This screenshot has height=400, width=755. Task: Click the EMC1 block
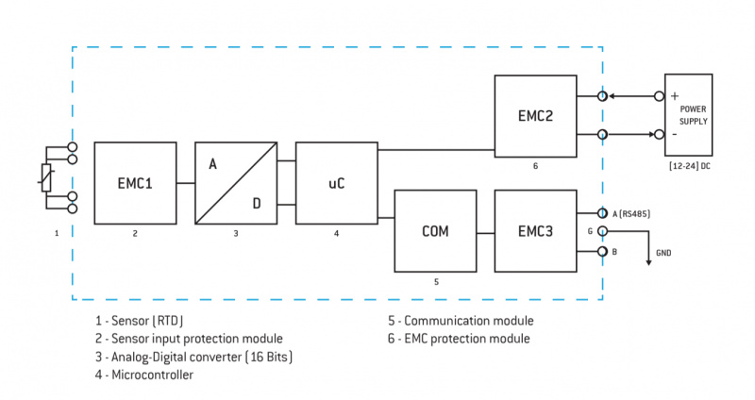click(x=135, y=183)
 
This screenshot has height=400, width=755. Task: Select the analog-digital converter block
click(x=236, y=183)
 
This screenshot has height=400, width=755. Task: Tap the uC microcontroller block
click(x=336, y=183)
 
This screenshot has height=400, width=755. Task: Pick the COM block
click(x=435, y=230)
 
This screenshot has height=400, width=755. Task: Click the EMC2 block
click(x=535, y=117)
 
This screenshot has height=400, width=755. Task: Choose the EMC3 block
click(x=535, y=230)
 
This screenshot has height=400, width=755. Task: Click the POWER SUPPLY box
click(x=693, y=114)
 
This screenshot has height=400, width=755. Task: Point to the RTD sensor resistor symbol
click(x=46, y=176)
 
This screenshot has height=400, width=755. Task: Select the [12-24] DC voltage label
click(x=692, y=167)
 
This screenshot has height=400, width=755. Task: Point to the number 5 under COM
click(x=435, y=280)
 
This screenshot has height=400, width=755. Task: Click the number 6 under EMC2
click(x=535, y=166)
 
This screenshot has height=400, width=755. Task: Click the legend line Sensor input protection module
click(x=189, y=338)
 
